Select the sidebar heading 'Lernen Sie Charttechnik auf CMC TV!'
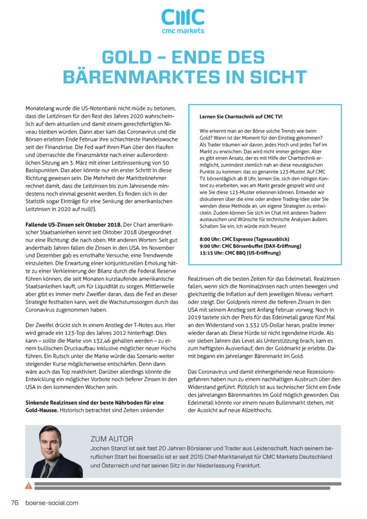click(241, 116)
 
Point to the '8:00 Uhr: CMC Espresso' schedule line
click(244, 239)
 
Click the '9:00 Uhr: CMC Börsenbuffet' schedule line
click(250, 246)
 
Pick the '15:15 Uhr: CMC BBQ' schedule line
click(240, 253)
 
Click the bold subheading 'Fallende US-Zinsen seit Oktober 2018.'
click(73, 225)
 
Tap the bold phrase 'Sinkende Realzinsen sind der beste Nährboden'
click(94, 403)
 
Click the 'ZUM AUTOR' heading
click(112, 439)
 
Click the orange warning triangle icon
click(29, 486)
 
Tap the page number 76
click(15, 503)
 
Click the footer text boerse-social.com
click(52, 503)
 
